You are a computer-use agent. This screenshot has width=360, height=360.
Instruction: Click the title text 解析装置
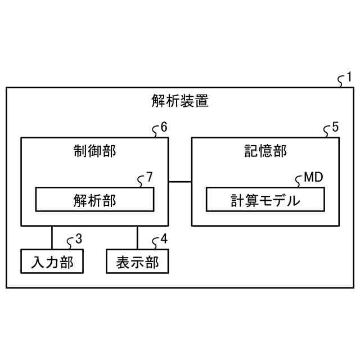tap(180, 101)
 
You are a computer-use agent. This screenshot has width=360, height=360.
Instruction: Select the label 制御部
tap(94, 151)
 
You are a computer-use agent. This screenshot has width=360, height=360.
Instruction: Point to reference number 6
tap(164, 127)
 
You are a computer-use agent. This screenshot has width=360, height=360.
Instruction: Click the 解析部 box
tap(94, 199)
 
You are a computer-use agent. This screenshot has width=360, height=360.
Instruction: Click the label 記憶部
tap(265, 151)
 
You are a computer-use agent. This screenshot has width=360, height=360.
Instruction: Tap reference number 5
tap(335, 127)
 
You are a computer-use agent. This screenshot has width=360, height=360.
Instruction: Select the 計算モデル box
tap(265, 199)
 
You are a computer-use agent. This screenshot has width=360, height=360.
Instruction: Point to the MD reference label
tap(313, 177)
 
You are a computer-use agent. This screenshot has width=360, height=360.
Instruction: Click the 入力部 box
tap(52, 262)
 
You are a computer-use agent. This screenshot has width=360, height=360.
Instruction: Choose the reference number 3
tap(78, 238)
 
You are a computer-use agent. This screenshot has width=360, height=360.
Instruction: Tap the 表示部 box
tap(137, 262)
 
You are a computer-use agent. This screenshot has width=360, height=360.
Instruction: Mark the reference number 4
tap(164, 238)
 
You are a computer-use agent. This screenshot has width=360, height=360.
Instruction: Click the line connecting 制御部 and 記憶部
tap(180, 181)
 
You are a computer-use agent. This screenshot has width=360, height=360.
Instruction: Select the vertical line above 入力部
tap(52, 237)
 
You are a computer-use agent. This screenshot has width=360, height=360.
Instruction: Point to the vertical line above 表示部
tap(137, 237)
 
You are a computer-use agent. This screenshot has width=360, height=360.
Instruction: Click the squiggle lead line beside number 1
tap(340, 82)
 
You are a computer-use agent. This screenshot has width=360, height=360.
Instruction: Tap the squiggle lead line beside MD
tap(299, 182)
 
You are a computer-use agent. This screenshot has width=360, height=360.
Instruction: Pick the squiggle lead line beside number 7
tap(141, 182)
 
